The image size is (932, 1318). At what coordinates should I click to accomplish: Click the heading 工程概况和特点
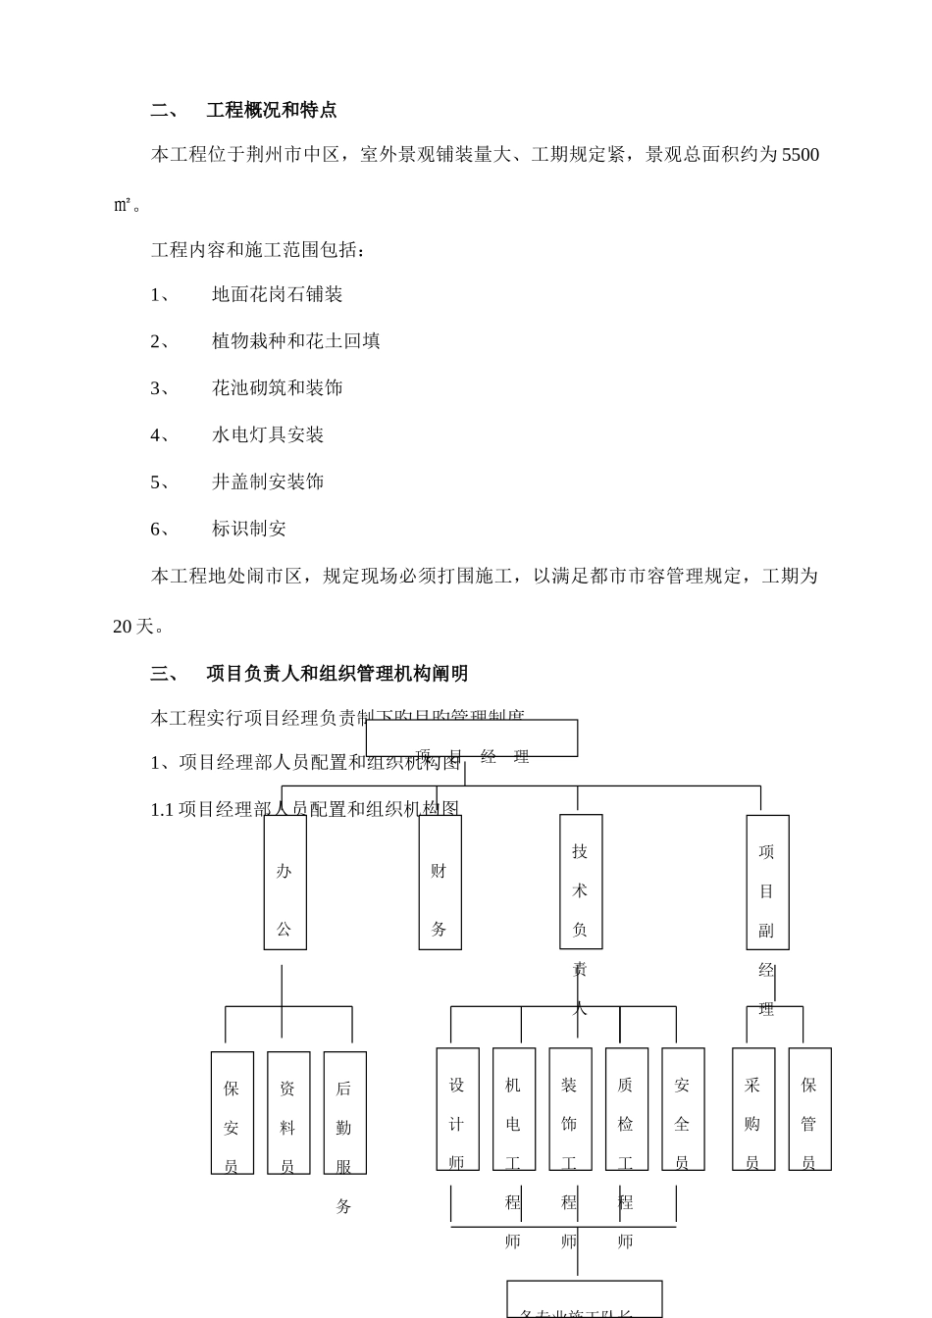271,110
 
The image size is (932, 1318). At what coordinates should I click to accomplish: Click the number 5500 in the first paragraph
800,155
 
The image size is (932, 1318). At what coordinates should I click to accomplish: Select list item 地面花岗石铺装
277,294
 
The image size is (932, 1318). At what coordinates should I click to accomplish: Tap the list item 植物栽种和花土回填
295,341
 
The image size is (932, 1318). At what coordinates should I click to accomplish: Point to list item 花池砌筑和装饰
277,388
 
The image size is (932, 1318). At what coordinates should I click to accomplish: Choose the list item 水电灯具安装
267,434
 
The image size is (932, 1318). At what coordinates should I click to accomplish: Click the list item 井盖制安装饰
267,482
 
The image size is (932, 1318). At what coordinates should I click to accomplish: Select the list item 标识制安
248,529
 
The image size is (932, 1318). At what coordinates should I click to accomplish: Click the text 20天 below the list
133,627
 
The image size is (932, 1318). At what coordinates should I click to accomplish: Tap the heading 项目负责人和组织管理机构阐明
337,674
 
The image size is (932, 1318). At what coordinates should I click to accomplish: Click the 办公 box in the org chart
285,883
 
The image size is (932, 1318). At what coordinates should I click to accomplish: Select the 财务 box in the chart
440,883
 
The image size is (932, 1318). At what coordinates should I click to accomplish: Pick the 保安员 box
232,1112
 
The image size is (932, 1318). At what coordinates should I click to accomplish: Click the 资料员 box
288,1112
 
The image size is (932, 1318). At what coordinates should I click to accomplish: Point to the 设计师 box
457,1108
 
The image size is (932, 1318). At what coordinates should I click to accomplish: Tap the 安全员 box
683,1108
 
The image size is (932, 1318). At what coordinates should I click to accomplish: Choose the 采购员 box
752,1108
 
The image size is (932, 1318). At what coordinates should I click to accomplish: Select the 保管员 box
809,1108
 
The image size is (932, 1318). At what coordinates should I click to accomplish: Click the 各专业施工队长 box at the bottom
584,1300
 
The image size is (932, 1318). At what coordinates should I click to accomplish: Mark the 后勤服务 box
344,1112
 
